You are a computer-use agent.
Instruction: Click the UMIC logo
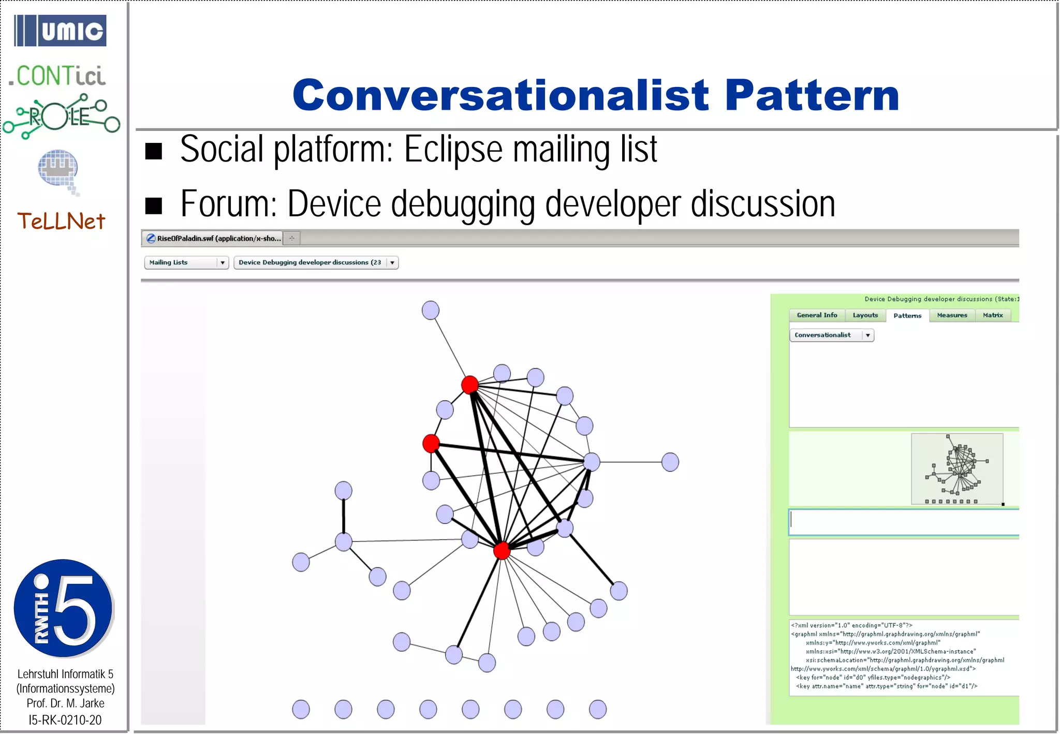tap(60, 31)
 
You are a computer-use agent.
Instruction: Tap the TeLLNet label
tap(61, 222)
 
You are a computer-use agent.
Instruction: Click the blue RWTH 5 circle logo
tap(63, 608)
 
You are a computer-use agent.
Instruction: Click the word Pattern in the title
tap(811, 96)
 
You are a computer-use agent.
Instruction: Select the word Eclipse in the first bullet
tap(453, 150)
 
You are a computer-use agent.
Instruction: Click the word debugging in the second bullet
tap(462, 204)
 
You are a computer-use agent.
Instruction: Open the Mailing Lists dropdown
tap(186, 262)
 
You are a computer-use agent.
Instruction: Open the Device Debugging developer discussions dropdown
tap(316, 262)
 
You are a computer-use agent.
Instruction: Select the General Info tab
tap(817, 315)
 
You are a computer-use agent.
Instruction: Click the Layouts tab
tap(865, 315)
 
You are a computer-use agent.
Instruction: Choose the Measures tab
tap(952, 315)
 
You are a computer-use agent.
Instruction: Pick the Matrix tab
tap(993, 315)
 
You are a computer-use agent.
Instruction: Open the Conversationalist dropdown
tap(831, 335)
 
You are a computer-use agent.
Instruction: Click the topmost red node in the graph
tap(470, 385)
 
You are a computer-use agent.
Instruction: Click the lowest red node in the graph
tap(502, 550)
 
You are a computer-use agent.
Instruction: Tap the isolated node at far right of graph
tap(670, 462)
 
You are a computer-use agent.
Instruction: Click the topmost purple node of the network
tap(431, 310)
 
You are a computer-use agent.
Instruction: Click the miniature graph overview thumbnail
tap(956, 468)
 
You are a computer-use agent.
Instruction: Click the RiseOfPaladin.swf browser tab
tap(213, 238)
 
